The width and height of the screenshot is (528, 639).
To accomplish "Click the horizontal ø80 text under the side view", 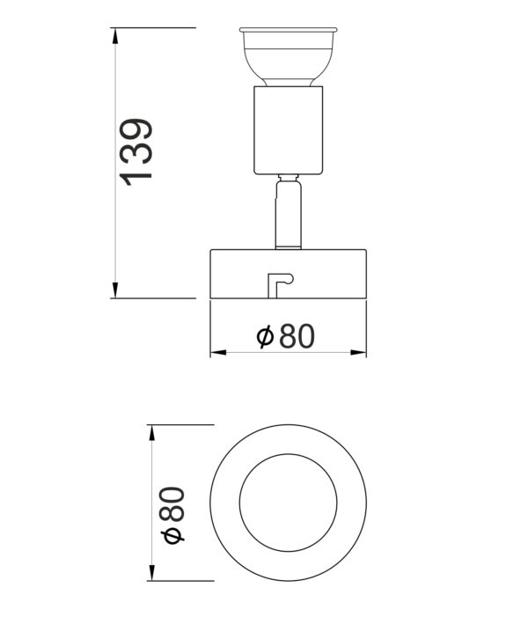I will click(284, 336).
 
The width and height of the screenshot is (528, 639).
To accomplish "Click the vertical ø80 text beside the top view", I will click(173, 514).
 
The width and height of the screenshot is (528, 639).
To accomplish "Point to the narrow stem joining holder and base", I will click(289, 216).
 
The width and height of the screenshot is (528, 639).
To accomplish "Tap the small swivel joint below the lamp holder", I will click(289, 182).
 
